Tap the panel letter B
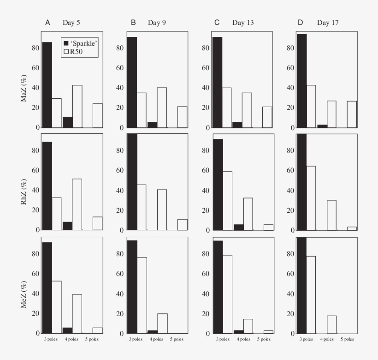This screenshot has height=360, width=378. tap(133, 22)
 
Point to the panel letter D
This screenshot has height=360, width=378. tap(301, 22)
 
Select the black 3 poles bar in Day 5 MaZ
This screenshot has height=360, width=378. tap(47, 85)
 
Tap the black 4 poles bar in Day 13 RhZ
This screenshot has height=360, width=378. tap(238, 227)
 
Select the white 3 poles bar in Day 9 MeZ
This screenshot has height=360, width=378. tap(142, 295)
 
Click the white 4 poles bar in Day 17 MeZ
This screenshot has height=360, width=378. tap(331, 324)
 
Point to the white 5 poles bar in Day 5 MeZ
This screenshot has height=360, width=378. tap(97, 330)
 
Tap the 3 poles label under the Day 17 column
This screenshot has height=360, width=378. tap(307, 339)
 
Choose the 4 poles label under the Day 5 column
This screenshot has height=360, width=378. tap(72, 339)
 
